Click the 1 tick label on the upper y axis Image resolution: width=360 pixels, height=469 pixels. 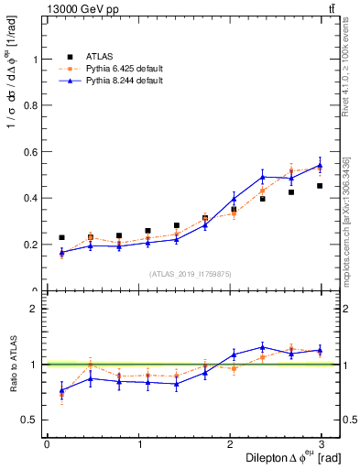coord(37,60)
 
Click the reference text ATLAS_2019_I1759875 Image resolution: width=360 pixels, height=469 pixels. coord(191,273)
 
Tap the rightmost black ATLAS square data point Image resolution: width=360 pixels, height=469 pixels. coord(321,186)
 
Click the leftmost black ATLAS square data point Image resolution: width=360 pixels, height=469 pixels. coord(61,237)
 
